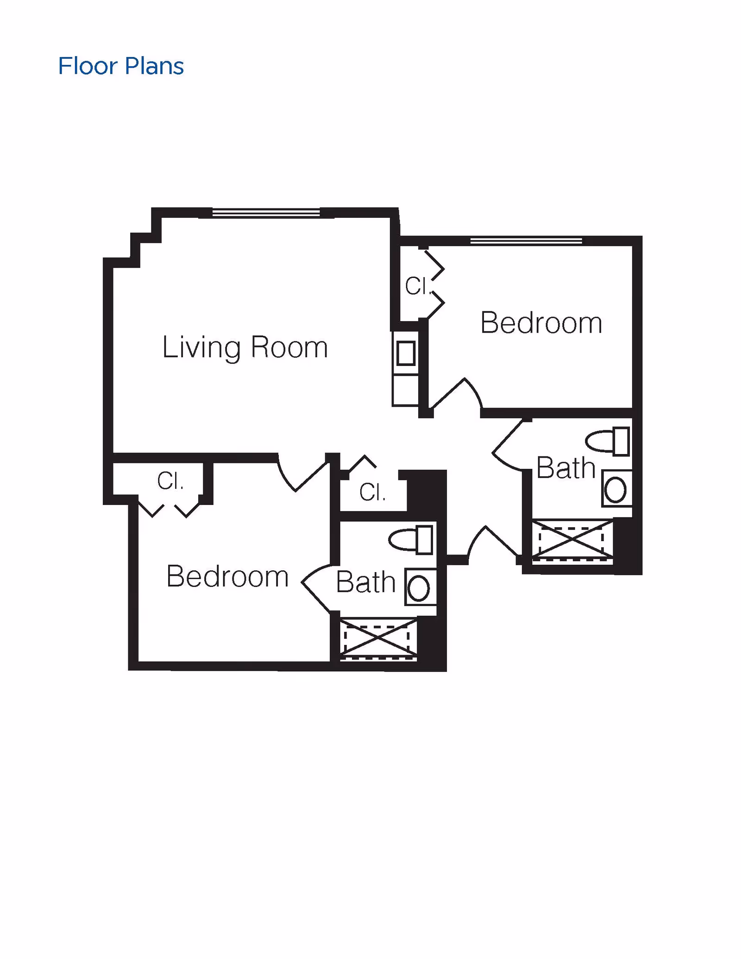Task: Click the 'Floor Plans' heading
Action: (x=121, y=66)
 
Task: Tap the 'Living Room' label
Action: (x=245, y=347)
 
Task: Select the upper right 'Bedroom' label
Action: (x=541, y=322)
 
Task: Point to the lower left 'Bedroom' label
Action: (x=227, y=576)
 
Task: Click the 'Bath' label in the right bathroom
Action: (x=565, y=467)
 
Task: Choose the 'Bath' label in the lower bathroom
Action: (x=365, y=582)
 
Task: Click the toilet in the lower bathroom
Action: (x=411, y=540)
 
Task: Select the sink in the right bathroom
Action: (x=615, y=489)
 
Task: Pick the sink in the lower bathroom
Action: (x=420, y=587)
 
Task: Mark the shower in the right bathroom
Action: (x=572, y=540)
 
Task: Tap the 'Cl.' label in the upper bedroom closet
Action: (x=418, y=286)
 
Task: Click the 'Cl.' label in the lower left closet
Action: (x=170, y=481)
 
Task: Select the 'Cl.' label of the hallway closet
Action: (x=372, y=492)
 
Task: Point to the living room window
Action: (x=266, y=213)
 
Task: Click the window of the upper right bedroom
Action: (x=526, y=241)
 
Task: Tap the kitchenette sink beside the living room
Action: (x=406, y=353)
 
